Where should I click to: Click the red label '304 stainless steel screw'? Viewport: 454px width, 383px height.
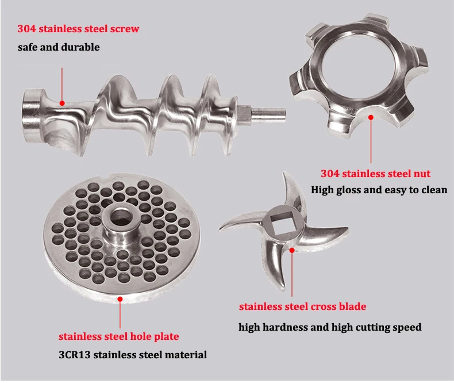click(78, 28)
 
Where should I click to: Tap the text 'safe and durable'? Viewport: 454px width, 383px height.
click(59, 47)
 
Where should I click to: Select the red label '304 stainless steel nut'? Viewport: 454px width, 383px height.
click(375, 173)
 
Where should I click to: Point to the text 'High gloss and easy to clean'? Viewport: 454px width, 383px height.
click(379, 189)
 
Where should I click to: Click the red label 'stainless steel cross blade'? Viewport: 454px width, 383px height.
click(302, 307)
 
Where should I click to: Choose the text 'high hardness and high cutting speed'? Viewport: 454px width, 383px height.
click(330, 327)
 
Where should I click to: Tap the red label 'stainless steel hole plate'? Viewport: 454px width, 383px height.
click(118, 336)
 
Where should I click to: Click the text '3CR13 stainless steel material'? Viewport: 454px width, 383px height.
click(133, 355)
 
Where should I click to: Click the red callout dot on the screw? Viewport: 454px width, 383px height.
click(62, 103)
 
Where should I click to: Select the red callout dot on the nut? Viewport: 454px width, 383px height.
click(371, 117)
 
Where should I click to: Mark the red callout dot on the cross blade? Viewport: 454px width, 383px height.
click(292, 250)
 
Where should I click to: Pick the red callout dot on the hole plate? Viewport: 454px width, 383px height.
click(120, 299)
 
